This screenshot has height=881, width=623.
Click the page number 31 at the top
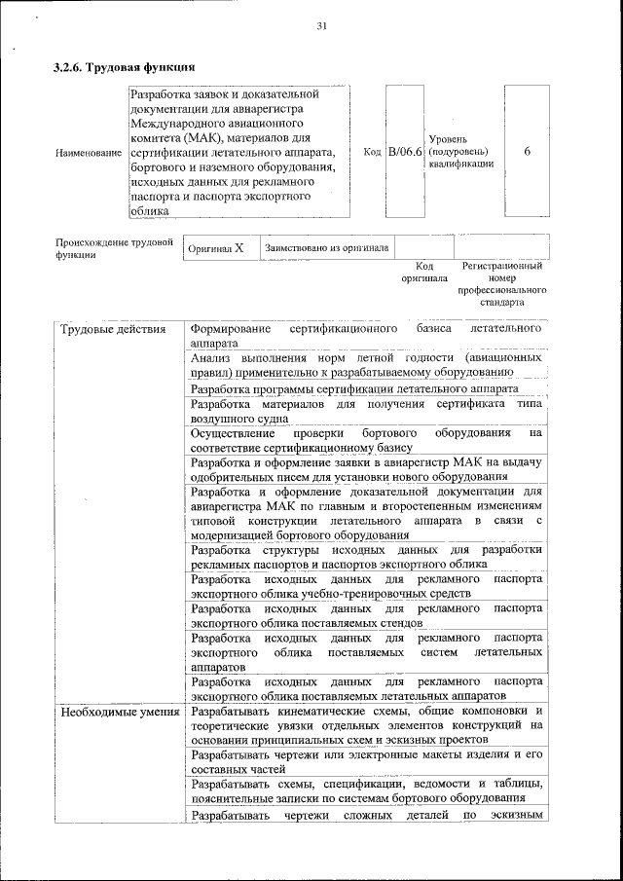pyautogui.click(x=321, y=26)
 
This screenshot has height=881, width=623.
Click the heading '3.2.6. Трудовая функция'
pyautogui.click(x=125, y=68)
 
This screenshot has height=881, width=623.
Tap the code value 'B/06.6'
pyautogui.click(x=405, y=152)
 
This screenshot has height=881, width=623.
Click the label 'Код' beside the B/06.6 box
pyautogui.click(x=372, y=152)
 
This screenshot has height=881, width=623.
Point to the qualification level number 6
pyautogui.click(x=527, y=152)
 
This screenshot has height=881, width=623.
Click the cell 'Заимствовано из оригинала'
pyautogui.click(x=326, y=248)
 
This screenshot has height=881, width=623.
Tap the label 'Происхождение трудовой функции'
pyautogui.click(x=113, y=248)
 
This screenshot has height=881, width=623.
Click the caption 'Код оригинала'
pyautogui.click(x=423, y=272)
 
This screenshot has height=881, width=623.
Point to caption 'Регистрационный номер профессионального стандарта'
pyautogui.click(x=502, y=283)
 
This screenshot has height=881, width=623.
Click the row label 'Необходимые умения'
pyautogui.click(x=120, y=712)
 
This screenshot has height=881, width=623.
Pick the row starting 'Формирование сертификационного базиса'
pyautogui.click(x=366, y=337)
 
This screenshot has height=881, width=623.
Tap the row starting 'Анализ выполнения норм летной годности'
pyautogui.click(x=366, y=364)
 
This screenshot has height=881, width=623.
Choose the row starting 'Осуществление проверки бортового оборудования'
pyautogui.click(x=366, y=438)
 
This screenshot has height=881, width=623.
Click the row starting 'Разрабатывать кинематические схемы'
pyautogui.click(x=366, y=725)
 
